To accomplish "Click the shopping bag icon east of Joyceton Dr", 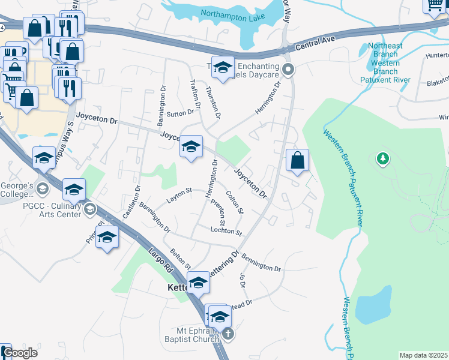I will pos(297,161).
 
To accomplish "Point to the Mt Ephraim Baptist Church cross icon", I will pos(227,334).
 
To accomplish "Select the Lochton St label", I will pos(226,231).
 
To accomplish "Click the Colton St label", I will pos(235,202).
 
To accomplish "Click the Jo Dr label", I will pos(243,280).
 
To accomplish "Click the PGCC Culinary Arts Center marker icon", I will pos(90,209).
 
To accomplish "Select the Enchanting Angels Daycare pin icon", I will pos(288,70).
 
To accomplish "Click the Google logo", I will pos(19,353).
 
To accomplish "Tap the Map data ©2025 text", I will pos(423,355).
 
